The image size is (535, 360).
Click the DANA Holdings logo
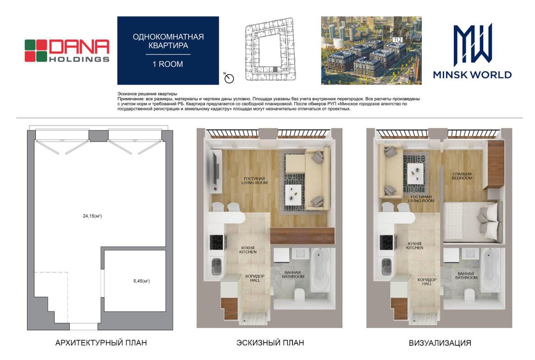(67, 51)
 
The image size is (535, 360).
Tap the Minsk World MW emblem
(473, 45)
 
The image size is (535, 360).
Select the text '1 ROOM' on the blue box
(167, 64)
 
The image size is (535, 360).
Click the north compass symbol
(229, 78)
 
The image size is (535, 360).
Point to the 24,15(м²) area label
(93, 216)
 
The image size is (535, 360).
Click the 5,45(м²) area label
(142, 281)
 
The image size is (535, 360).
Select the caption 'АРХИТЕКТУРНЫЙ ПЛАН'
(101, 343)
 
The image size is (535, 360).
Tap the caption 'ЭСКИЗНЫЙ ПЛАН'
(270, 343)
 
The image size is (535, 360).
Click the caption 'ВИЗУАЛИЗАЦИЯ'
(440, 343)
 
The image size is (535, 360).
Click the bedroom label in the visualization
(462, 176)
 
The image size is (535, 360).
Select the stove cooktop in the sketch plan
(216, 242)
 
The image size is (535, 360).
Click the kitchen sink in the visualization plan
(386, 266)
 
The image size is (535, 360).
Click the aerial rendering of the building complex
(371, 50)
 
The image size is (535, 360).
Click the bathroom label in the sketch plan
(293, 274)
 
